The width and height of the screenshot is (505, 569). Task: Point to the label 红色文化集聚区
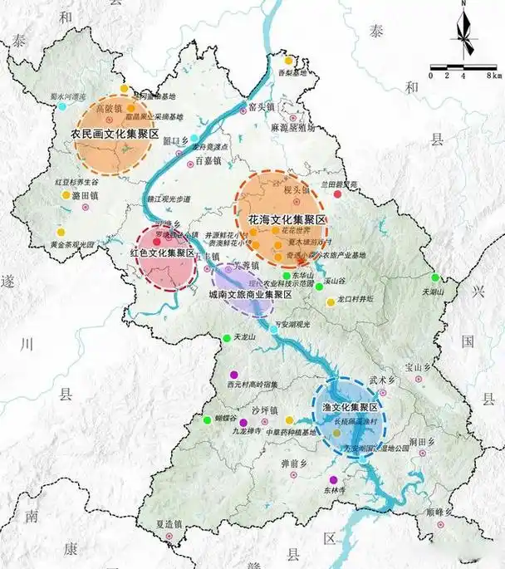pyautogui.click(x=162, y=252)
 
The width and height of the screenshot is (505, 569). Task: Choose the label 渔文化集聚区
pyautogui.click(x=350, y=408)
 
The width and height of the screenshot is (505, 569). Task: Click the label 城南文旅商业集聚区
pyautogui.click(x=249, y=295)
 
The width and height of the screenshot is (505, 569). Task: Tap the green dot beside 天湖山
pyautogui.click(x=434, y=277)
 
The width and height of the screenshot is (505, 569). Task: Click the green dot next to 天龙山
pyautogui.click(x=227, y=337)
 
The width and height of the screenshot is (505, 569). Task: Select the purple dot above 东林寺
pyautogui.click(x=333, y=479)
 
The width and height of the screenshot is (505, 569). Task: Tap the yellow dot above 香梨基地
pyautogui.click(x=288, y=61)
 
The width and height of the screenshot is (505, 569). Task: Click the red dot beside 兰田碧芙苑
pyautogui.click(x=337, y=194)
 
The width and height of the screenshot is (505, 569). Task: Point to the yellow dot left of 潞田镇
pyautogui.click(x=66, y=195)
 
